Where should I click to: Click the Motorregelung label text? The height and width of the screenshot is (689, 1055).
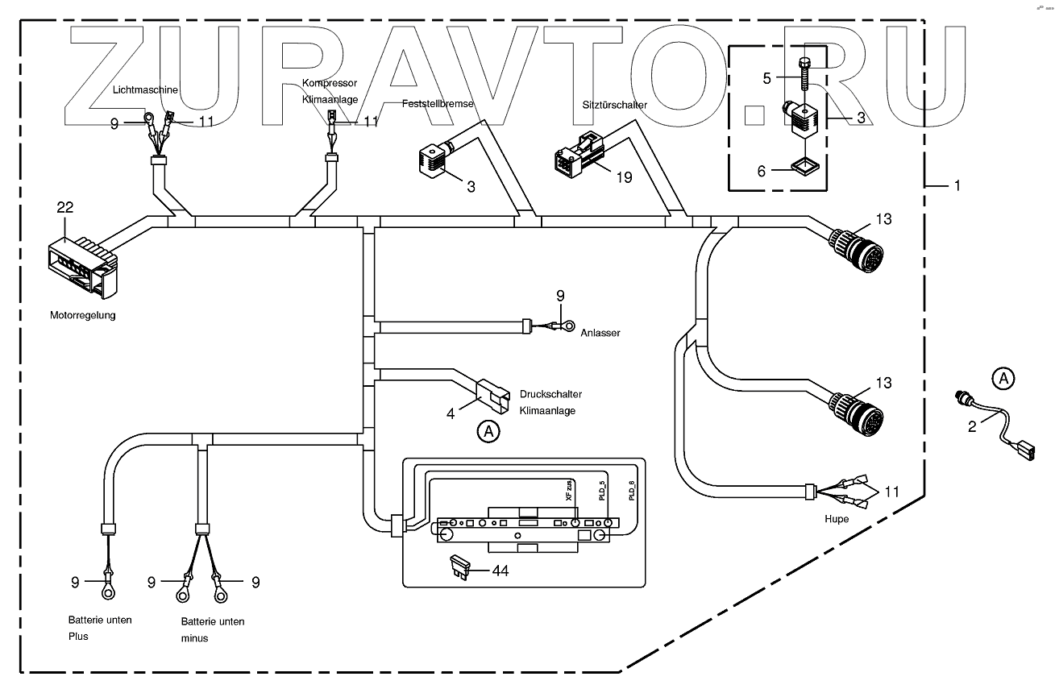[82, 315]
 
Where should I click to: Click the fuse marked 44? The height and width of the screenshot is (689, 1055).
[458, 567]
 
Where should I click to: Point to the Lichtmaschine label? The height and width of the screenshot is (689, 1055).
[145, 90]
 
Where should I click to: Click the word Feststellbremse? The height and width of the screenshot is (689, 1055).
[438, 105]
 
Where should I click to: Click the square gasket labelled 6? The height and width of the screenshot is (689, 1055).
[803, 166]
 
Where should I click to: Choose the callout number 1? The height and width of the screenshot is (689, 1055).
[957, 185]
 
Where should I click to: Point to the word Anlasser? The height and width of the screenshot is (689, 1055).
[600, 334]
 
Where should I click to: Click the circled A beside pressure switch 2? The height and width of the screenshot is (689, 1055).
[1002, 376]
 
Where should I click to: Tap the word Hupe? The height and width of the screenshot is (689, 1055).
[837, 519]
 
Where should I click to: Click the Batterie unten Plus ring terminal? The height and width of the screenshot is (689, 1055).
[106, 592]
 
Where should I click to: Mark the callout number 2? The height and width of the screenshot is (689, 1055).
[972, 427]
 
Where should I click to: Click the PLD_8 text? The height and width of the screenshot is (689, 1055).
[631, 490]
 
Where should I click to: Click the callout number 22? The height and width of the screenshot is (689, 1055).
[64, 207]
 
